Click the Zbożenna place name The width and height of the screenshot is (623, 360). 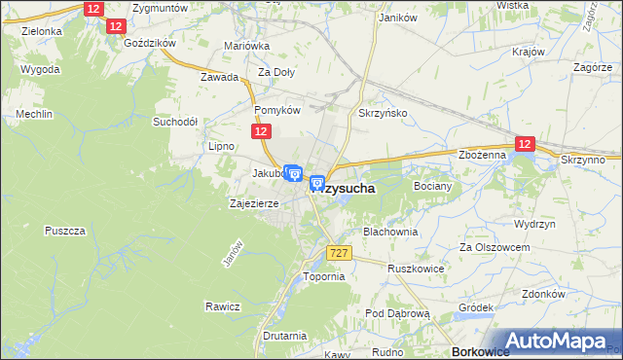coord(482,155)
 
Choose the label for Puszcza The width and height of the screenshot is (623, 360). coord(66,231)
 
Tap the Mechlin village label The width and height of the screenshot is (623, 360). coord(33,115)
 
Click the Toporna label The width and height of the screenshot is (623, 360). coord(324,276)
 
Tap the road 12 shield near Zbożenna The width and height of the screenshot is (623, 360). coord(525,144)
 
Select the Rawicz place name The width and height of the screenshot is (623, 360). coord(222,306)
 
